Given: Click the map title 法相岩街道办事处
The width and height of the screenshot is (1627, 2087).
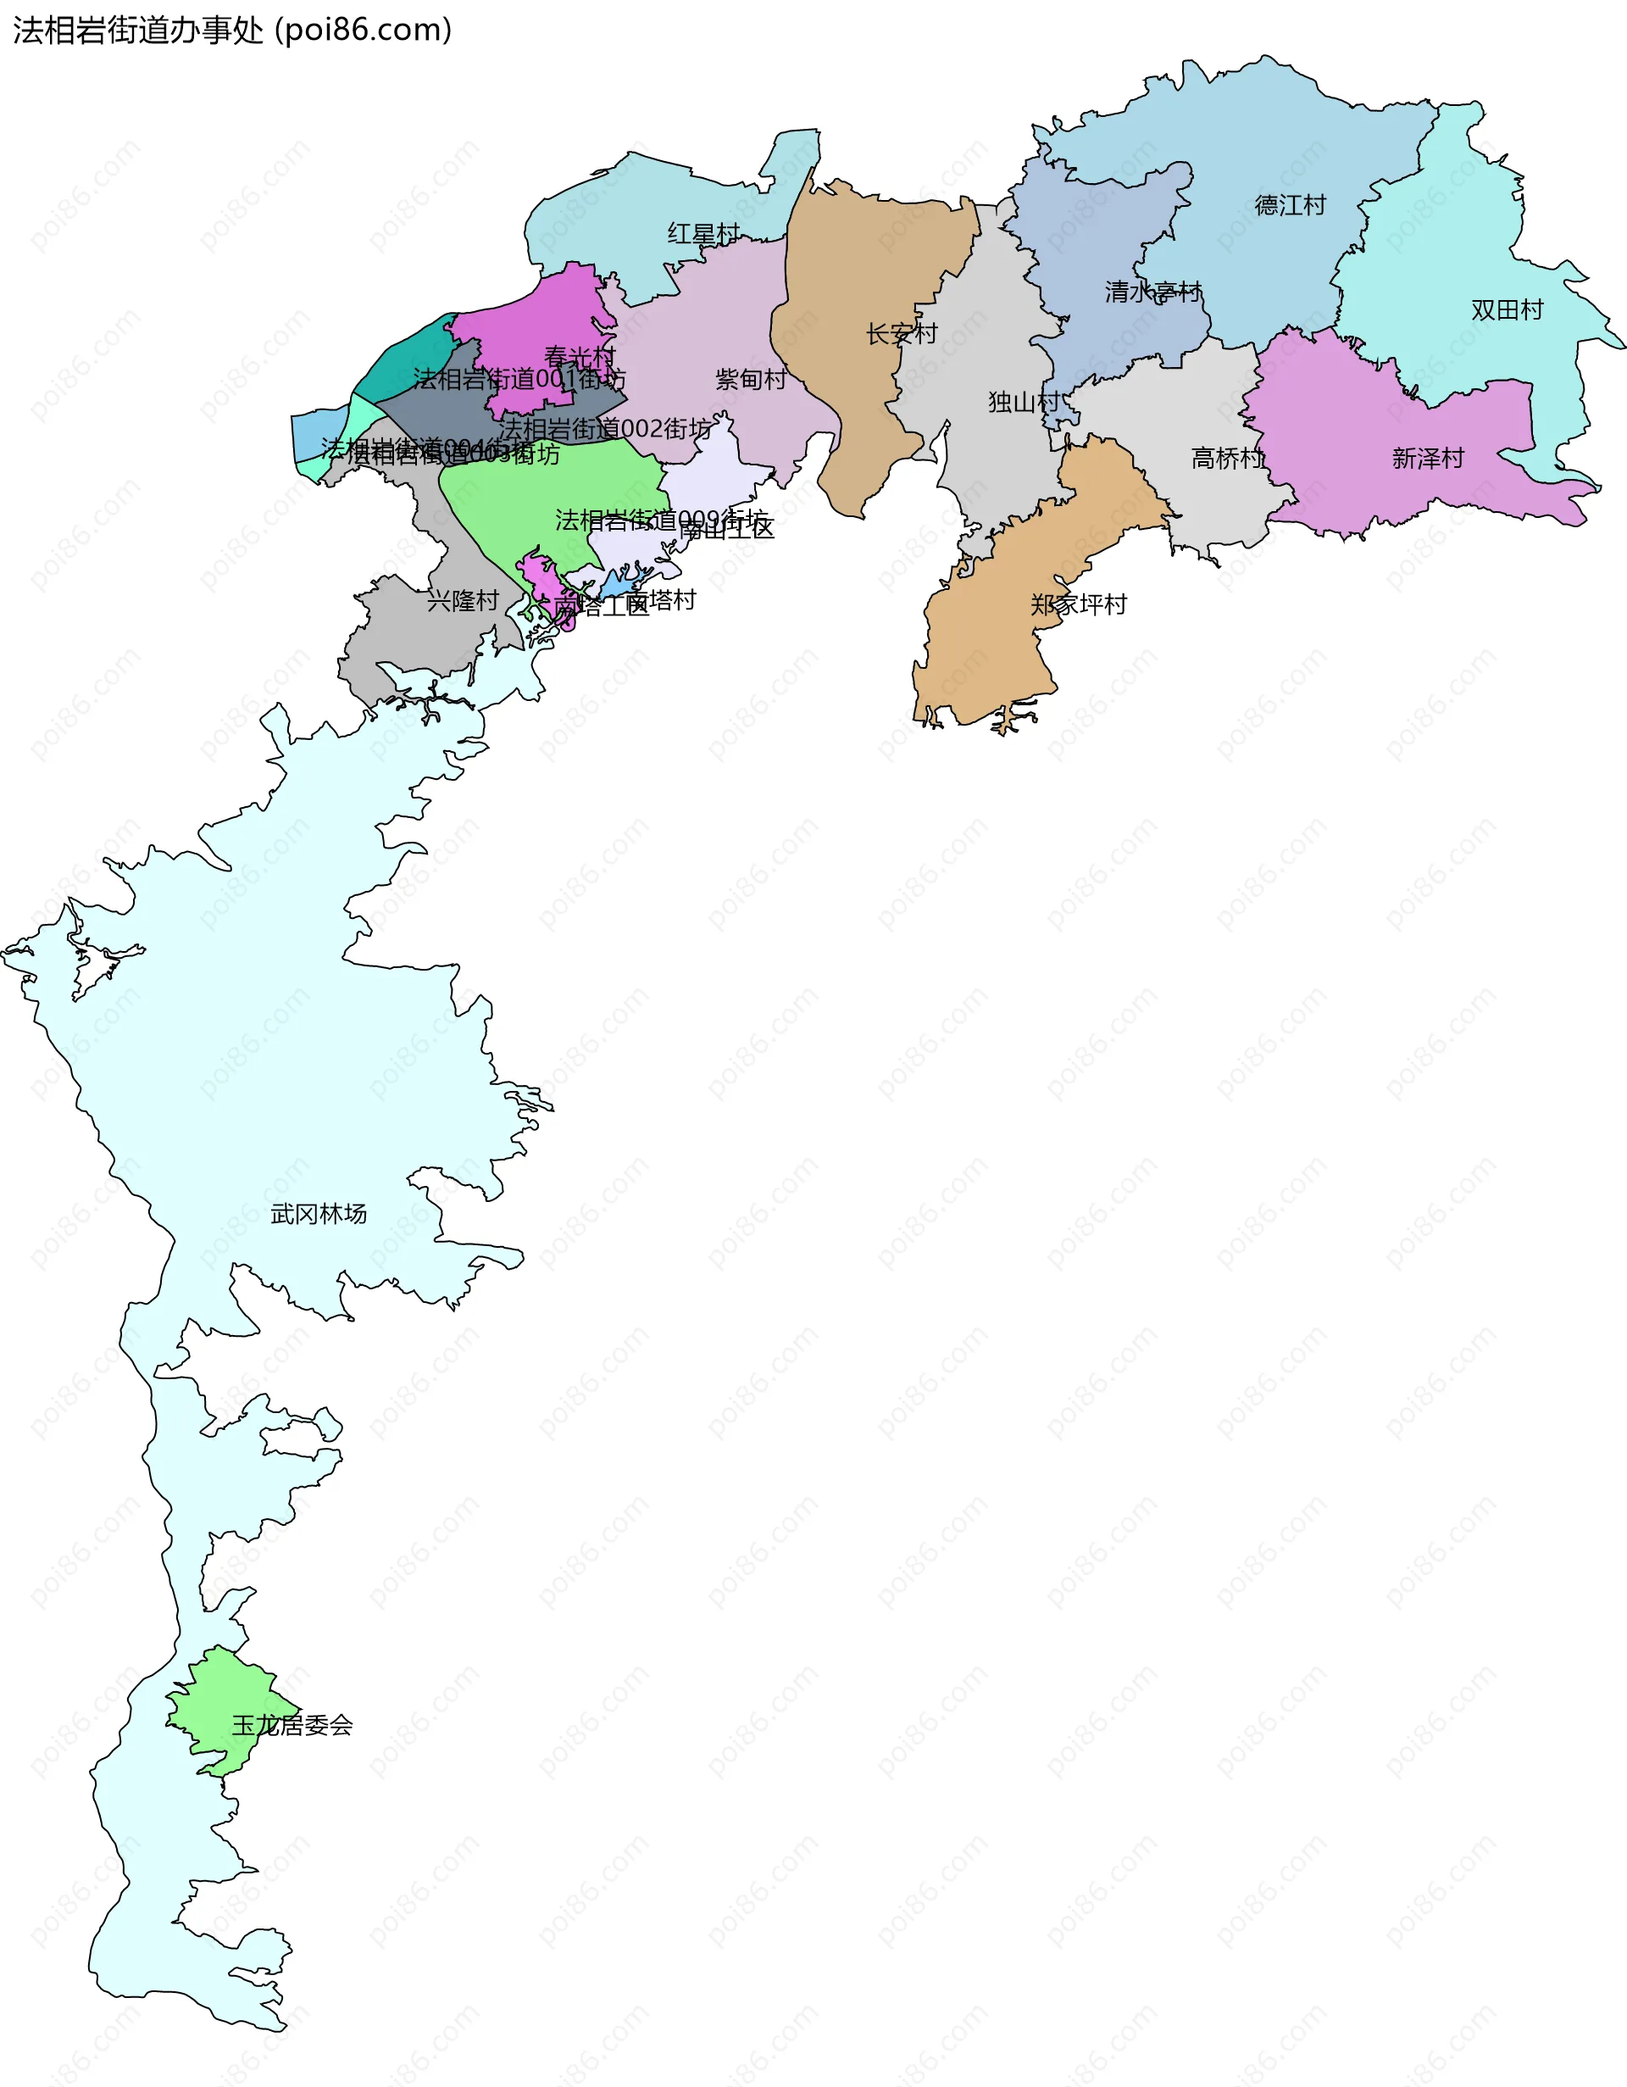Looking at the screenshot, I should [137, 31].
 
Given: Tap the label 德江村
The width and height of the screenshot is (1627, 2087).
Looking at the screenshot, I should [1290, 205].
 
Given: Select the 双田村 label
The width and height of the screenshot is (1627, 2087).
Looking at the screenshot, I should [1507, 309].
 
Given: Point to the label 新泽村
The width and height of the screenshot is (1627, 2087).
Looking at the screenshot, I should [1427, 459].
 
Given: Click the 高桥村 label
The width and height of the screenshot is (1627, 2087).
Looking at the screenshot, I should [1227, 459].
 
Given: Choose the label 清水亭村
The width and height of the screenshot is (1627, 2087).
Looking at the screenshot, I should [1152, 292].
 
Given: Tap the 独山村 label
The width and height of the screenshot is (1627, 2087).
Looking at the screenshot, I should [1023, 403].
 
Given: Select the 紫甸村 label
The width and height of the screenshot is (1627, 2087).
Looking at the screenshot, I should [751, 380].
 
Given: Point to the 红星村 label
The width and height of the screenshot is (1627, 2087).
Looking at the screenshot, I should [703, 234].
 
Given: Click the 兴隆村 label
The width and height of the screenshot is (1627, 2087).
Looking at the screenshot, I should [463, 601].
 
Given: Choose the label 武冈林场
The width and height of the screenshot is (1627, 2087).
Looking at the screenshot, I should [318, 1214].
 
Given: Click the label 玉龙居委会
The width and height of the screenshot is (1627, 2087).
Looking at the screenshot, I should [292, 1725].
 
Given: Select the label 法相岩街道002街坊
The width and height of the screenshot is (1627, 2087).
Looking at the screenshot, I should [606, 429].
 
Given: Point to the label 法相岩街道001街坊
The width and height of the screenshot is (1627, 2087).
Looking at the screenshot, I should [519, 380].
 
